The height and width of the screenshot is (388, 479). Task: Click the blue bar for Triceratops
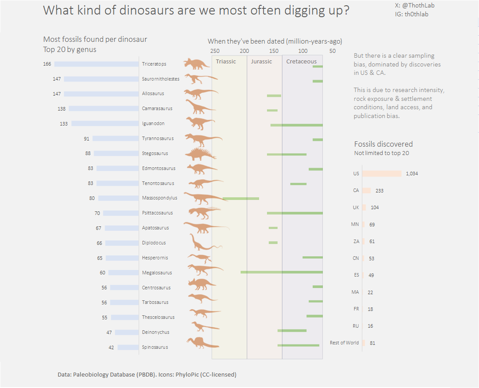click(x=96, y=64)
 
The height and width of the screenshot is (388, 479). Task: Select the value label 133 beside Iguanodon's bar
click(x=64, y=124)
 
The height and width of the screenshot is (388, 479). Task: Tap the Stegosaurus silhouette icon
click(x=200, y=154)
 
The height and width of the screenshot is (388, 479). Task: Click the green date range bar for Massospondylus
click(x=241, y=199)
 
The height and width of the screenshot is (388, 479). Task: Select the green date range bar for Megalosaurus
click(x=282, y=272)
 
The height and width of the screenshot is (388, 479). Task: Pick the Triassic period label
click(x=226, y=62)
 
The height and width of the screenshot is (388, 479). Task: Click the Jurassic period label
click(x=261, y=62)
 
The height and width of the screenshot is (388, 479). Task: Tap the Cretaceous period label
click(x=301, y=62)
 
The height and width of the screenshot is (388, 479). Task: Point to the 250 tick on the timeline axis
click(x=215, y=51)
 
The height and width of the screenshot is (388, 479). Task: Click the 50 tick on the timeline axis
click(x=332, y=51)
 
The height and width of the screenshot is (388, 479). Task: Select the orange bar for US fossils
click(x=382, y=174)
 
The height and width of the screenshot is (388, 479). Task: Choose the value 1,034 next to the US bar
click(x=412, y=174)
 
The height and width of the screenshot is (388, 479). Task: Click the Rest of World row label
click(x=344, y=343)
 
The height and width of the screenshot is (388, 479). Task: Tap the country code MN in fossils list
click(x=355, y=225)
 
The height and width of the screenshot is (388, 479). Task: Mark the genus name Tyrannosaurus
click(x=157, y=139)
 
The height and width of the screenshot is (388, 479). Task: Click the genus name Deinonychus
click(x=155, y=333)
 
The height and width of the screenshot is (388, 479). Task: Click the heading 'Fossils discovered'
click(x=383, y=144)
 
